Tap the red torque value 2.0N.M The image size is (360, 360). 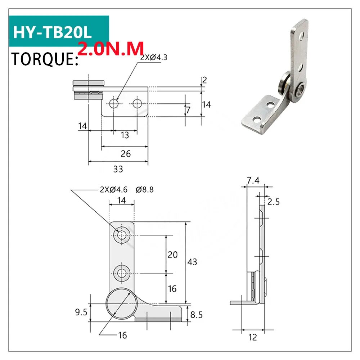click(x=111, y=48)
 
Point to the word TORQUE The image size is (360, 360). click(x=45, y=59)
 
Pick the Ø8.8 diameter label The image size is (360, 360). click(x=145, y=190)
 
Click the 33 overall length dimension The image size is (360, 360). click(x=118, y=169)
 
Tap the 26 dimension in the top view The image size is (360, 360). click(x=125, y=154)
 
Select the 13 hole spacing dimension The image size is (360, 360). click(x=125, y=135)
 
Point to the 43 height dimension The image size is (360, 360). click(x=192, y=262)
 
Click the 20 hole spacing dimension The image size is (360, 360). click(x=172, y=255)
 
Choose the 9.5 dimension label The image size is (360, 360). click(x=81, y=312)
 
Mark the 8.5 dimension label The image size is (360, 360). click(x=196, y=315)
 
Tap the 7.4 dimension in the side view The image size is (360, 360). click(x=253, y=181)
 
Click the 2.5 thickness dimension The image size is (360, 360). click(x=274, y=202)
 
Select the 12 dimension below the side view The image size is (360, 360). click(x=253, y=337)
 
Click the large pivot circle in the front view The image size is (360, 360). click(x=121, y=303)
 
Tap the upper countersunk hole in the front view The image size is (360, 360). click(x=121, y=235)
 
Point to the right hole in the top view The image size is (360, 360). click(x=137, y=104)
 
